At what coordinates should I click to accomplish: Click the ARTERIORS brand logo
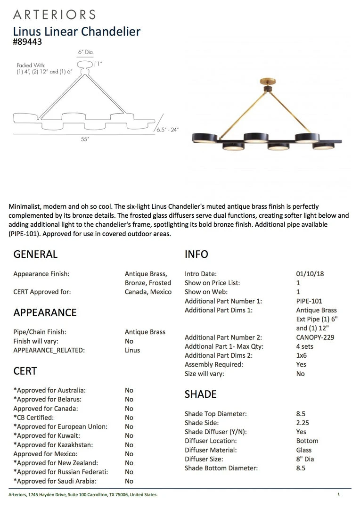[x=54, y=14]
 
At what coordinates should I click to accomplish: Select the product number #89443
[x=28, y=42]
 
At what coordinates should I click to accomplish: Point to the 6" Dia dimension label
[x=85, y=52]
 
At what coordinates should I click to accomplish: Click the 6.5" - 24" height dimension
[x=167, y=130]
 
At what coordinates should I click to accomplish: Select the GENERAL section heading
[x=35, y=254]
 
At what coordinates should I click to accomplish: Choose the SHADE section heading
[x=200, y=394]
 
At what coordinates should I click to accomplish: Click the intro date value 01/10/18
[x=310, y=274]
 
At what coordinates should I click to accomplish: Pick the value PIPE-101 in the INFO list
[x=309, y=301]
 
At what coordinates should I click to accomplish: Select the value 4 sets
[x=305, y=346]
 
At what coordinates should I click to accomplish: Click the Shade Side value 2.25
[x=303, y=423]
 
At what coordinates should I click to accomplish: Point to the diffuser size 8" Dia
[x=305, y=459]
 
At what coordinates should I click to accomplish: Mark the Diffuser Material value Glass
[x=304, y=450]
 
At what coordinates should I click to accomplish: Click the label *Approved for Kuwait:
[x=47, y=436]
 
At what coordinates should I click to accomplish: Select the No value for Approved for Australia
[x=129, y=390]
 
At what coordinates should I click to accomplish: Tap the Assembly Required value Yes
[x=301, y=364]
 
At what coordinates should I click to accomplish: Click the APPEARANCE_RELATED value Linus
[x=132, y=350]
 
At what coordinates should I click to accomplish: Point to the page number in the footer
[x=338, y=494]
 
